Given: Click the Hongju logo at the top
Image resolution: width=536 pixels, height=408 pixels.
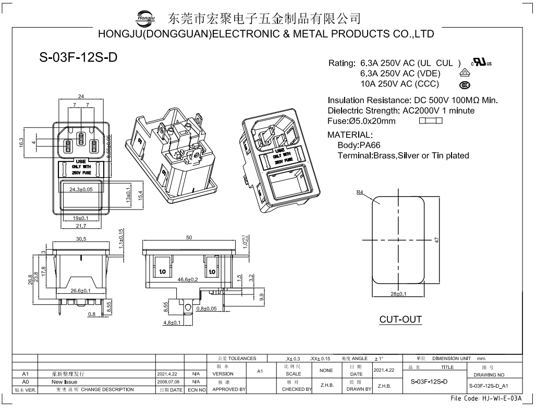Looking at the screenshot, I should [x=145, y=18].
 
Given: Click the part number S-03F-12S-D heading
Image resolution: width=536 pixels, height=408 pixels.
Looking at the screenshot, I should [x=78, y=58].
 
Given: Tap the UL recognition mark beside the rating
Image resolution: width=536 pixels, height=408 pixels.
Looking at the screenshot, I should [x=481, y=63].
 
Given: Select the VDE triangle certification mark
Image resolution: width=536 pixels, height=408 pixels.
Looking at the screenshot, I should [x=464, y=73].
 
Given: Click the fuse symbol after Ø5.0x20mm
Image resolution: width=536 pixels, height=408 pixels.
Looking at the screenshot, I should [x=431, y=121].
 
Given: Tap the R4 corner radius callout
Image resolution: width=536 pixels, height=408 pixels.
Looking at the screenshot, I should [x=360, y=192].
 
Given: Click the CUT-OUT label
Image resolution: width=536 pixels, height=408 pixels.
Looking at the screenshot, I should [x=400, y=319].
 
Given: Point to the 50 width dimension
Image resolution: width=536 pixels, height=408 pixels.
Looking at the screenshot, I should [x=189, y=238].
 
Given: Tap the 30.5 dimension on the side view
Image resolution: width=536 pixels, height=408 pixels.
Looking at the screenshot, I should [x=81, y=239].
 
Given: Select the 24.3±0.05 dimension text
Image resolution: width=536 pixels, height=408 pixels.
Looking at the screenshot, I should [x=81, y=190].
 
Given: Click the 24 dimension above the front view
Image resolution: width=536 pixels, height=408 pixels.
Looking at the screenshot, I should [x=81, y=96].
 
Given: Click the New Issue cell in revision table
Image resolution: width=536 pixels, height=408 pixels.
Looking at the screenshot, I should [x=64, y=382].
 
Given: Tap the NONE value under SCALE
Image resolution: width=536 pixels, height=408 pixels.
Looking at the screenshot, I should [x=326, y=370].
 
